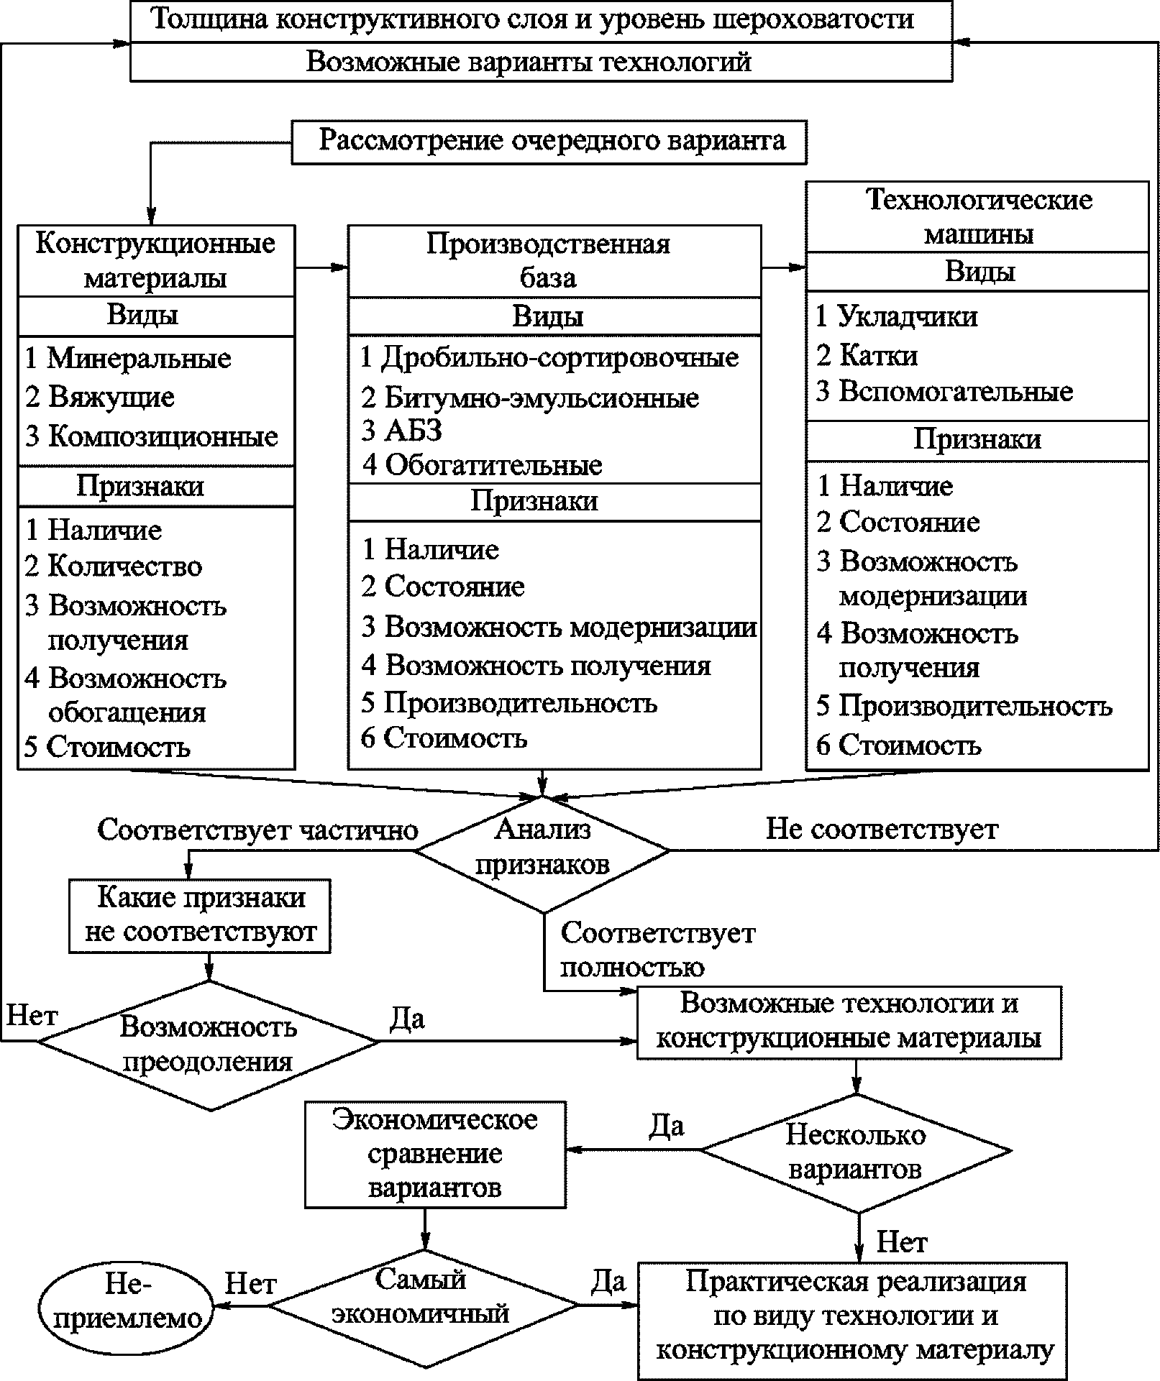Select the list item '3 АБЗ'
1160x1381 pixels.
point(401,431)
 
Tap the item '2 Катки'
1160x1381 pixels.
point(867,355)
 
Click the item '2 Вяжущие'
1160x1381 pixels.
point(99,397)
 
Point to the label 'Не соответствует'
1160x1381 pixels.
point(882,829)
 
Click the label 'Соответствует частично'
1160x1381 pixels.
point(258,830)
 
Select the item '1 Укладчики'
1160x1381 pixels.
point(896,316)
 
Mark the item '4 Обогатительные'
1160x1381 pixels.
point(482,465)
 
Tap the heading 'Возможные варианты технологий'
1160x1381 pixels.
point(529,62)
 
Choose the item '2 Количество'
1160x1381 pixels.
point(113,566)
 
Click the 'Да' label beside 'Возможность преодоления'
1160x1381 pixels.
point(407,1019)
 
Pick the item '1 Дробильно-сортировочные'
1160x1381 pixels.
point(549,357)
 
